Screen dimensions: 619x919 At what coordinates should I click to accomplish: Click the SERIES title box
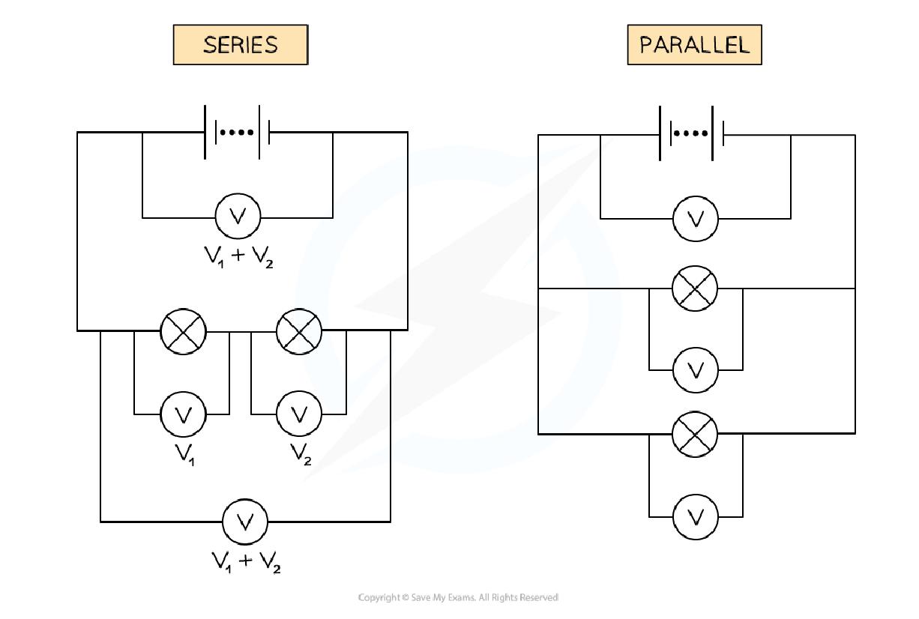[x=241, y=45]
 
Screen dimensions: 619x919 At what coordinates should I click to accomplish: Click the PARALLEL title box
[x=694, y=45]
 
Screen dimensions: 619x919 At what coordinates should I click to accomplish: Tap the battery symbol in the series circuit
[x=238, y=133]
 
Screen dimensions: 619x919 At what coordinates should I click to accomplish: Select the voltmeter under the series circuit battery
[x=238, y=217]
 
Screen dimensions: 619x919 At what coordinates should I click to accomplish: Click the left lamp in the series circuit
[x=184, y=330]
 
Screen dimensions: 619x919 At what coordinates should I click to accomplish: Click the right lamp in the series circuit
[x=299, y=330]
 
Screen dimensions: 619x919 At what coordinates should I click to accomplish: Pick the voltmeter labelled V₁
[x=184, y=414]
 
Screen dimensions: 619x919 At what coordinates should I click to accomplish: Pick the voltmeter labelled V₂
[x=299, y=414]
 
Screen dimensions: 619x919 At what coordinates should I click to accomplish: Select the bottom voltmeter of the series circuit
[x=245, y=521]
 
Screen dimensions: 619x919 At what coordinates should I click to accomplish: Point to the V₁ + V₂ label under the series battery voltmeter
[x=238, y=257]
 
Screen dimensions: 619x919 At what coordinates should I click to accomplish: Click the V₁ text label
[x=185, y=454]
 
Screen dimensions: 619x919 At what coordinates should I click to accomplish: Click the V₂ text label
[x=301, y=454]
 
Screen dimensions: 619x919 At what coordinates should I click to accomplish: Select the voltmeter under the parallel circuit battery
[x=696, y=219]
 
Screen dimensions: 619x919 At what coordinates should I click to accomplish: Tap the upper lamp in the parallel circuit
[x=695, y=288]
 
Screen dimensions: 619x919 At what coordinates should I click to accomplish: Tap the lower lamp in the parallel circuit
[x=695, y=434]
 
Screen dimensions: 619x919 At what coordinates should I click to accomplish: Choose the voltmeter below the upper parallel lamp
[x=696, y=369]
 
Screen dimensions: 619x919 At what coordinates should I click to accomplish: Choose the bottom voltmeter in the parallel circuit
[x=696, y=516]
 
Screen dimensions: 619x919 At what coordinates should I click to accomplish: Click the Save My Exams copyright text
[x=458, y=597]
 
